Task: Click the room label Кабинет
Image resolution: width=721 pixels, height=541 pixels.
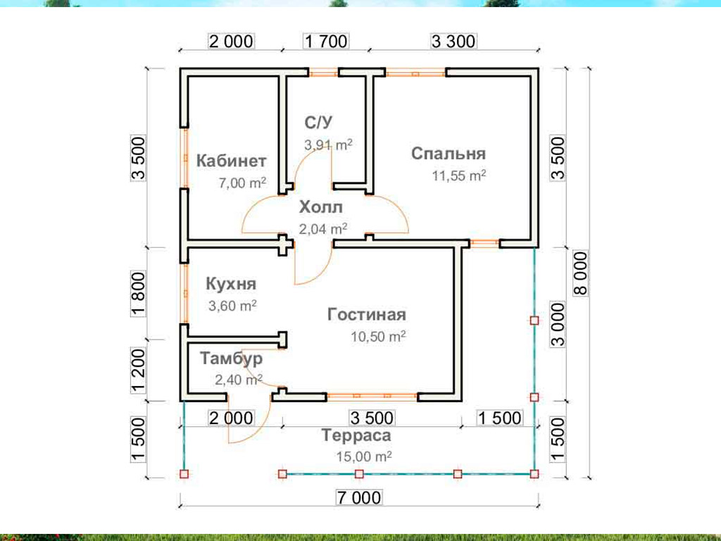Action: click(231, 161)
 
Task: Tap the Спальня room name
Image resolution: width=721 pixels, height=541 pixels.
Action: click(449, 153)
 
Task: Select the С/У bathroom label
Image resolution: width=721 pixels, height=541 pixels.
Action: click(318, 123)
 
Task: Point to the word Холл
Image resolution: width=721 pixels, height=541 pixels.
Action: click(321, 208)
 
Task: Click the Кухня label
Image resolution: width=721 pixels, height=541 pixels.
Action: click(231, 284)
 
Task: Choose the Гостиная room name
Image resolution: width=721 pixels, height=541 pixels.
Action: click(367, 315)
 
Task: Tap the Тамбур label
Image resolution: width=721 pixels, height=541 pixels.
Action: click(231, 359)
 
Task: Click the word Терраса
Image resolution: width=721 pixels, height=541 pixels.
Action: click(356, 435)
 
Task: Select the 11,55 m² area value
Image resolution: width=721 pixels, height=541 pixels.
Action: click(459, 175)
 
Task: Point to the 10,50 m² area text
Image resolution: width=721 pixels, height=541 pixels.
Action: click(378, 336)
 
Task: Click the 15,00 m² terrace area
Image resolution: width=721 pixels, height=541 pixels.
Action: click(364, 456)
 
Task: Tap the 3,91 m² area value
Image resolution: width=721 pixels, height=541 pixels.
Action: click(328, 145)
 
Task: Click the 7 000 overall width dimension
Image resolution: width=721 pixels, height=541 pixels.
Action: click(359, 498)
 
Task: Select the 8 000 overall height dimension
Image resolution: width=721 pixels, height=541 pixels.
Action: click(580, 273)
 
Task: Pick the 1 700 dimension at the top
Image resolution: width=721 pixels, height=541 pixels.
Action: click(326, 42)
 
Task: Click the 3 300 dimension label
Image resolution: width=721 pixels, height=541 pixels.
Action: click(453, 42)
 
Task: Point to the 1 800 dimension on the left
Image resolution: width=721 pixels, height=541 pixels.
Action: click(139, 294)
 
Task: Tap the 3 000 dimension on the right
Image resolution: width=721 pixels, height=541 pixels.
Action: click(558, 325)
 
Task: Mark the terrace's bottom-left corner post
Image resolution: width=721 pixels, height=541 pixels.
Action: click(184, 474)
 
